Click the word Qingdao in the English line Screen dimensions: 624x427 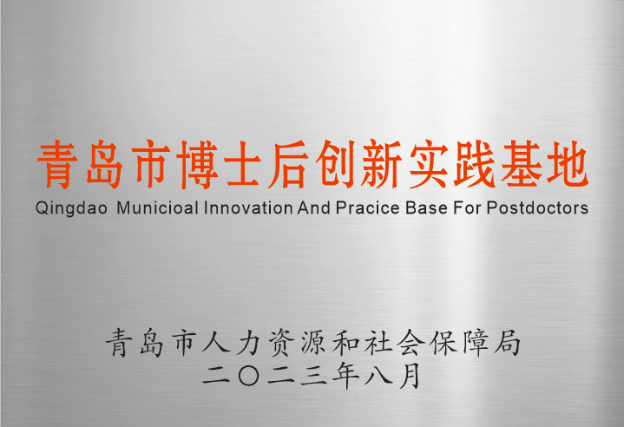point(71,208)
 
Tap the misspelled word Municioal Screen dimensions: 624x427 point(158,207)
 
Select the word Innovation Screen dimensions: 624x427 point(248,207)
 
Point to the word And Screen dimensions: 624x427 point(314,207)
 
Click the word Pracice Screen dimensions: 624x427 point(368,207)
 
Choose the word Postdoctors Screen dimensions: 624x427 point(537,207)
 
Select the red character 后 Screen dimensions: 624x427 point(288,164)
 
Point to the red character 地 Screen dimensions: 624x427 point(567,164)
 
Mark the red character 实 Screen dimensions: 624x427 point(428,164)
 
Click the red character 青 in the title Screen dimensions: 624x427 point(57,164)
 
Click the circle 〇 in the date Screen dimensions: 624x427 point(249,376)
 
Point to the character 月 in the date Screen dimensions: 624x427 point(411,375)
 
